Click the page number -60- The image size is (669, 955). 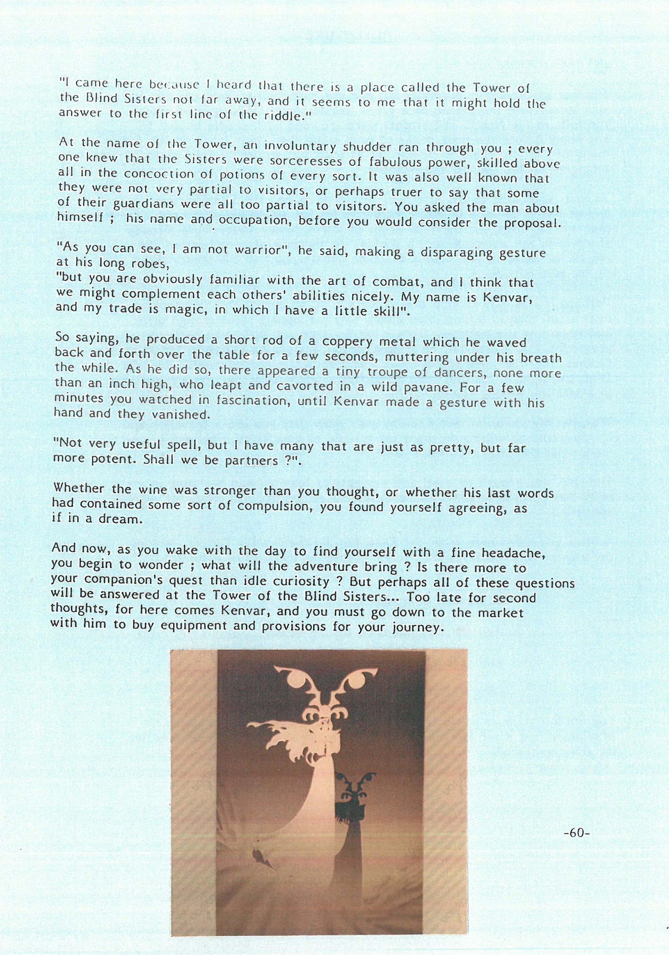pos(576,833)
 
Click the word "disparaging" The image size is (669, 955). pos(457,253)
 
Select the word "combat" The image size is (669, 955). pos(397,282)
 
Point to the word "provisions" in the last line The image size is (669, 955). pos(294,627)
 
